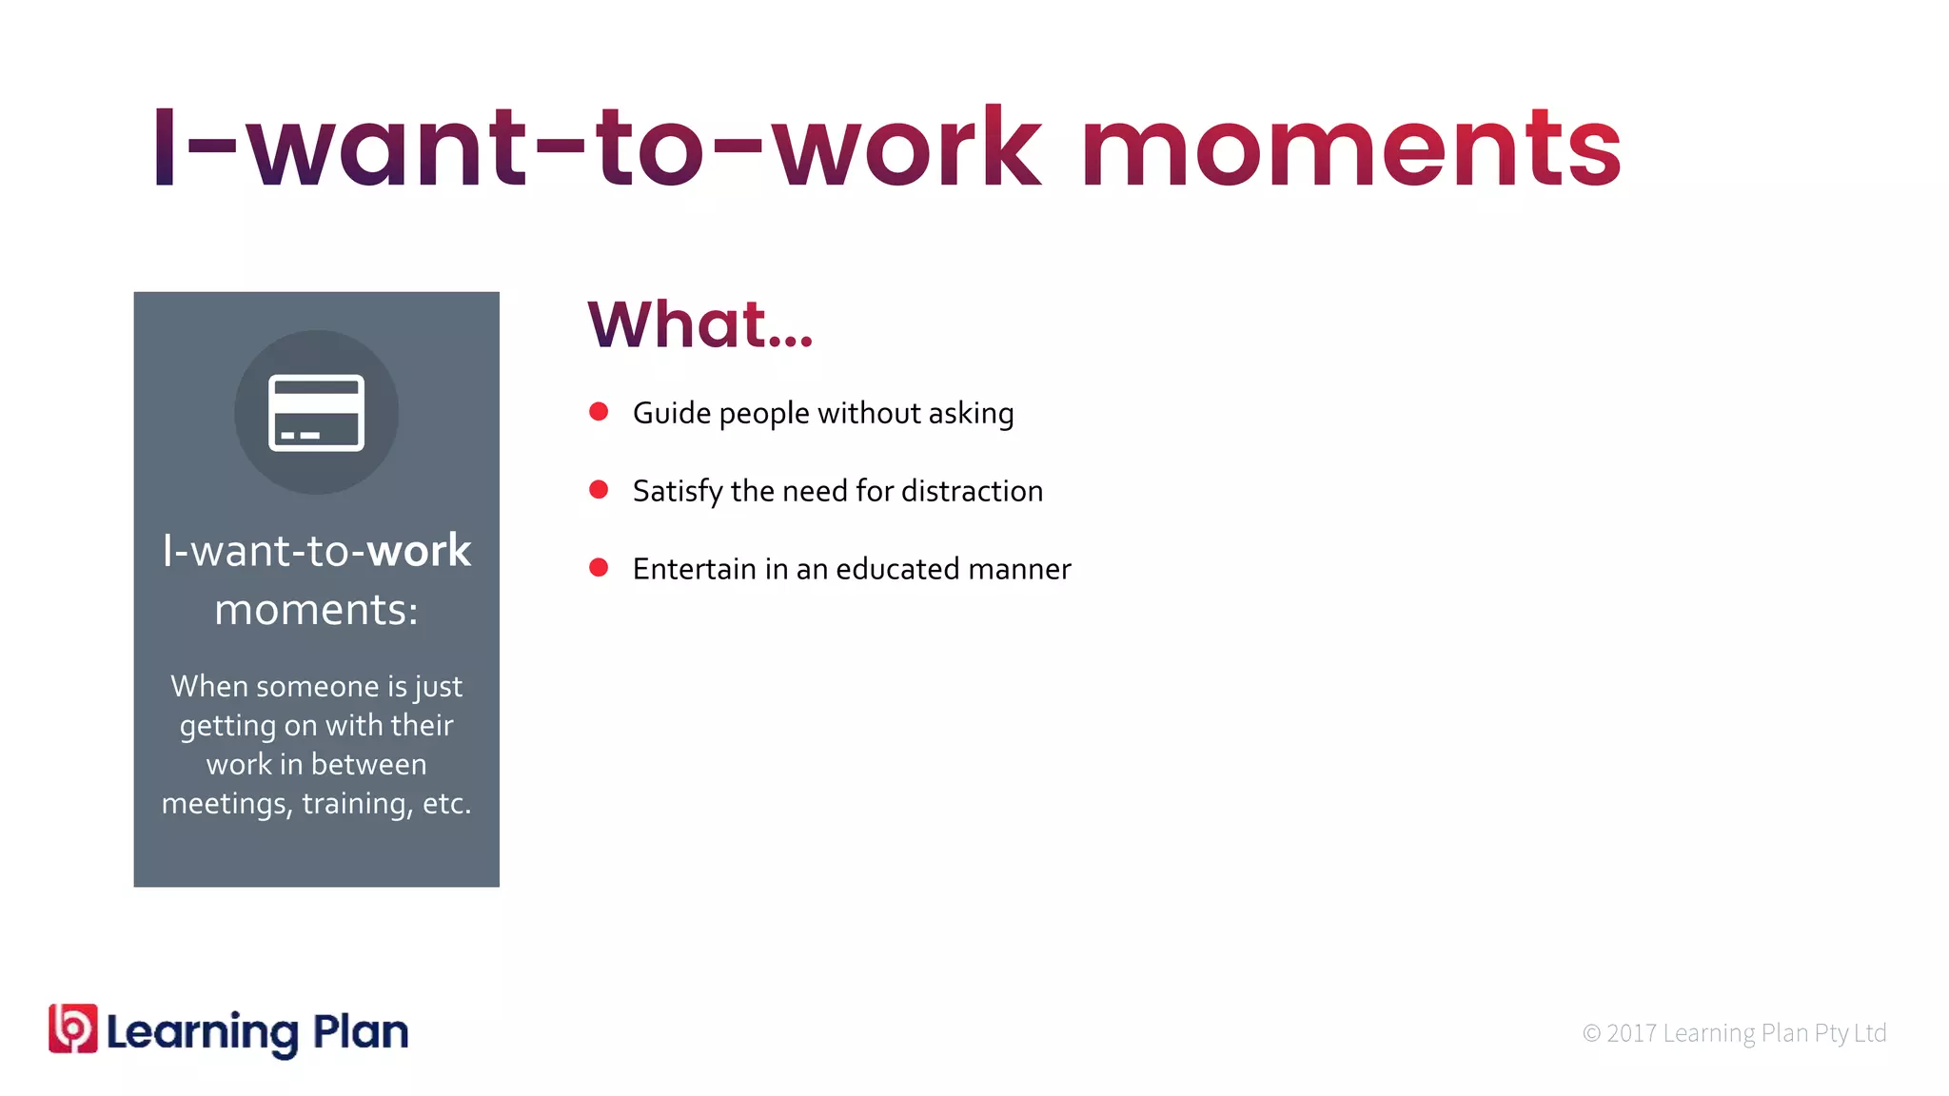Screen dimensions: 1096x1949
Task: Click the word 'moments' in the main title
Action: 1350,149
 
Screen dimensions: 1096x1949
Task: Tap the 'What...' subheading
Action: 699,324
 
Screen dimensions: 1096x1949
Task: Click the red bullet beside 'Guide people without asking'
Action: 599,412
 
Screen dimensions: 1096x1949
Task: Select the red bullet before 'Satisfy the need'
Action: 599,490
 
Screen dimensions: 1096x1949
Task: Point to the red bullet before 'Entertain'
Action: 599,568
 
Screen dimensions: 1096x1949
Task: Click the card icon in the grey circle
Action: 316,412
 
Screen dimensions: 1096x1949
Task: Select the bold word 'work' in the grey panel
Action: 419,551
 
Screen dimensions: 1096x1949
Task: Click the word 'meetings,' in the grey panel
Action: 226,804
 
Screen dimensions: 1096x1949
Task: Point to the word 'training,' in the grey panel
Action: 356,804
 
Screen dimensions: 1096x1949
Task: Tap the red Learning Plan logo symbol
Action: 73,1029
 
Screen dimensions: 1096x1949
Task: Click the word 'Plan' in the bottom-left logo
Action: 361,1032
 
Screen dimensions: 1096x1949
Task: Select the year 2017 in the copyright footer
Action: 1631,1033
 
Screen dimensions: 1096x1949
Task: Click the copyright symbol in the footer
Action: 1591,1033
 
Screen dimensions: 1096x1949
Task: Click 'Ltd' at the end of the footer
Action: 1869,1033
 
